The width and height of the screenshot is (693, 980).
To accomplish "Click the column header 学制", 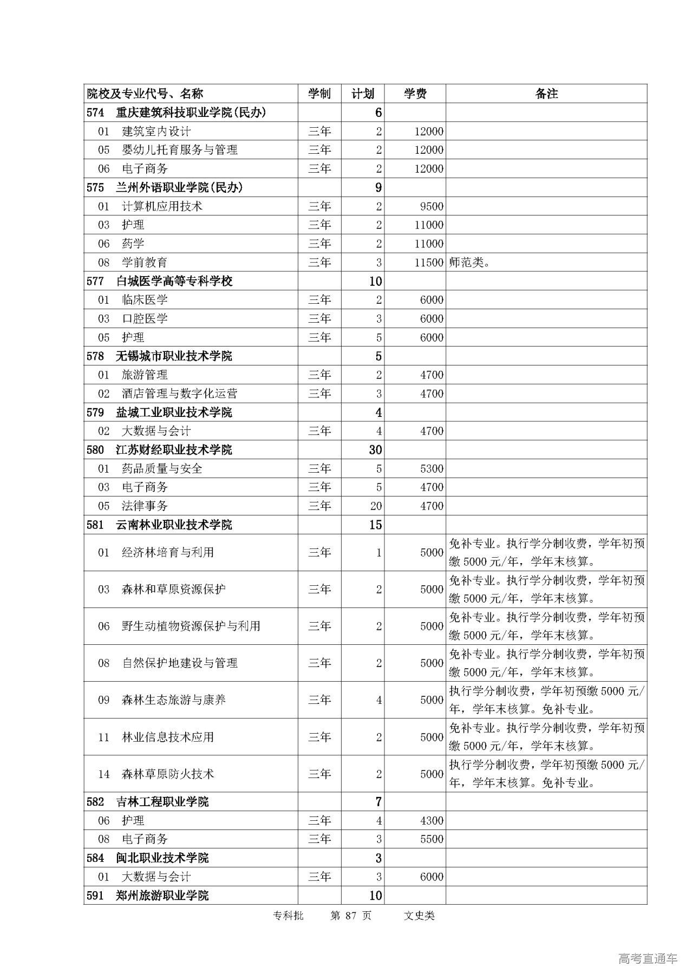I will pyautogui.click(x=319, y=94).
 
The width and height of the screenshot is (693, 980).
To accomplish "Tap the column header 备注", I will pyautogui.click(x=546, y=94).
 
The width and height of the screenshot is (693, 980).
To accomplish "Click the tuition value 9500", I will pyautogui.click(x=432, y=206).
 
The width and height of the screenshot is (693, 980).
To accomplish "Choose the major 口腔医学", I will pyautogui.click(x=145, y=318).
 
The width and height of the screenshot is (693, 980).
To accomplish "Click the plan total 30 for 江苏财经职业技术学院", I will pyautogui.click(x=375, y=450).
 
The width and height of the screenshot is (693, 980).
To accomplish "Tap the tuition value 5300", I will pyautogui.click(x=432, y=468).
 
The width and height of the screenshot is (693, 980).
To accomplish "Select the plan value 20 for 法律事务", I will pyautogui.click(x=376, y=506).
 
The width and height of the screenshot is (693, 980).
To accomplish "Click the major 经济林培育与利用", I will pyautogui.click(x=168, y=552).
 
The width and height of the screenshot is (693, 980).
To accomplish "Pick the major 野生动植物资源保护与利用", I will pyautogui.click(x=191, y=626).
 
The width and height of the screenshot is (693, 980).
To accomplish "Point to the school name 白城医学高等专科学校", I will pyautogui.click(x=174, y=281).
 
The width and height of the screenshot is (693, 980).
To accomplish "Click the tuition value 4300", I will pyautogui.click(x=432, y=820).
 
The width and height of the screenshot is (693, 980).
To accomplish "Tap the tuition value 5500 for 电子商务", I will pyautogui.click(x=432, y=839).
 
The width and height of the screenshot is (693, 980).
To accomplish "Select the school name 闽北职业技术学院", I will pyautogui.click(x=162, y=858).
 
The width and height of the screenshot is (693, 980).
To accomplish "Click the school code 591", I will pyautogui.click(x=95, y=896).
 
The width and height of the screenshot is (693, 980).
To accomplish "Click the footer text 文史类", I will pyautogui.click(x=419, y=916).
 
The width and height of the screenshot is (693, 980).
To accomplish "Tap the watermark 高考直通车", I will pyautogui.click(x=647, y=959).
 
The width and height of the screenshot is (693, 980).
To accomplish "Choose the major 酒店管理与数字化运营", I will pyautogui.click(x=179, y=394).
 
